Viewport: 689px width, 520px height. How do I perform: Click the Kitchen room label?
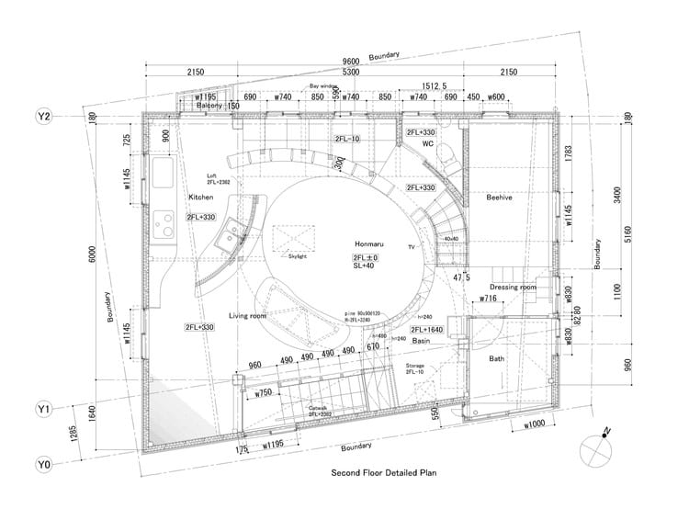201,198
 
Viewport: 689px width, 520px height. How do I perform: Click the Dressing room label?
512,288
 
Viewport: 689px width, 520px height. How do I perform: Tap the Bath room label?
497,358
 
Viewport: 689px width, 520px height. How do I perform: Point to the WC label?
428,144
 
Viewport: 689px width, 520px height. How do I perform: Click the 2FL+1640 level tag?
428,329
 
